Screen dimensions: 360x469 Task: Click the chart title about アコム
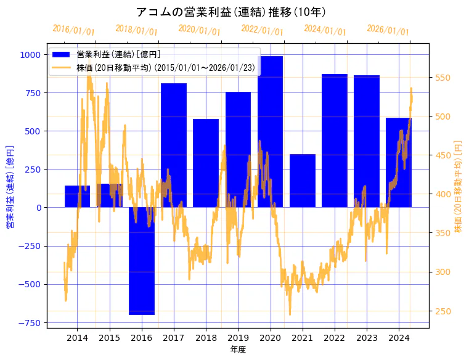pos(230,12)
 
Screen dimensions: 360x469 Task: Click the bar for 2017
pos(174,145)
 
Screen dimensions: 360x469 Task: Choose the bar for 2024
pos(399,162)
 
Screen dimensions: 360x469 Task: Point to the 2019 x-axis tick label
pos(238,338)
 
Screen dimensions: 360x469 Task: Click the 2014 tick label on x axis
pos(77,338)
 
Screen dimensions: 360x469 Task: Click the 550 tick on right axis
pos(444,78)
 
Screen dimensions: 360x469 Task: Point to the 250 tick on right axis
pos(444,311)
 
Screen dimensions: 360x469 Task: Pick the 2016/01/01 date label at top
pos(73,30)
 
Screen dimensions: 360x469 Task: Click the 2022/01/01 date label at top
pos(262,30)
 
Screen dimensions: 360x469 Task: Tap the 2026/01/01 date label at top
pos(388,30)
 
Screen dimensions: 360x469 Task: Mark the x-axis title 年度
pos(238,350)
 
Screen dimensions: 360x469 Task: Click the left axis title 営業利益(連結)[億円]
pos(10,187)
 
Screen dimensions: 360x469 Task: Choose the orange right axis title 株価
pos(458,186)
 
